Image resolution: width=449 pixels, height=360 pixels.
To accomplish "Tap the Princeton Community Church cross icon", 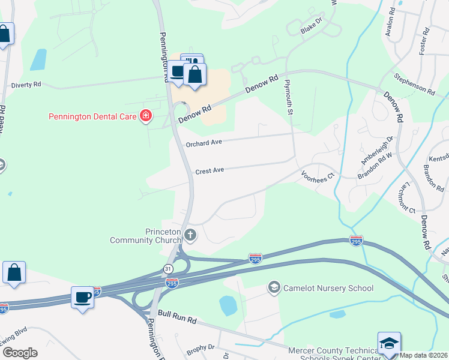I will (x=190, y=235).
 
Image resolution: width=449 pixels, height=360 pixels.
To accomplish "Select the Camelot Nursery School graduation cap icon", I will (x=274, y=288).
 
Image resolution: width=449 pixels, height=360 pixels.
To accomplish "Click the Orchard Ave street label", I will (x=204, y=143).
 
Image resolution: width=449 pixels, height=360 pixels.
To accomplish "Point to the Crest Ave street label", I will (x=209, y=170).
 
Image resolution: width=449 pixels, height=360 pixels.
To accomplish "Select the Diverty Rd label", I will (x=26, y=85).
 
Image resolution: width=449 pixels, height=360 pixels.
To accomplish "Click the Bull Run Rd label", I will (x=178, y=313).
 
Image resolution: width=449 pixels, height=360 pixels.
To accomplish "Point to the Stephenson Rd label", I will (x=414, y=84).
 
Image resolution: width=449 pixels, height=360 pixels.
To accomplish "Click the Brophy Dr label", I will (x=200, y=347).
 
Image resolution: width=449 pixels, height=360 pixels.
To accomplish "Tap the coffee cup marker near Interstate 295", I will (x=82, y=296).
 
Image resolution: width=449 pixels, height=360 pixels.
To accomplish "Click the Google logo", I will (x=20, y=353).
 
